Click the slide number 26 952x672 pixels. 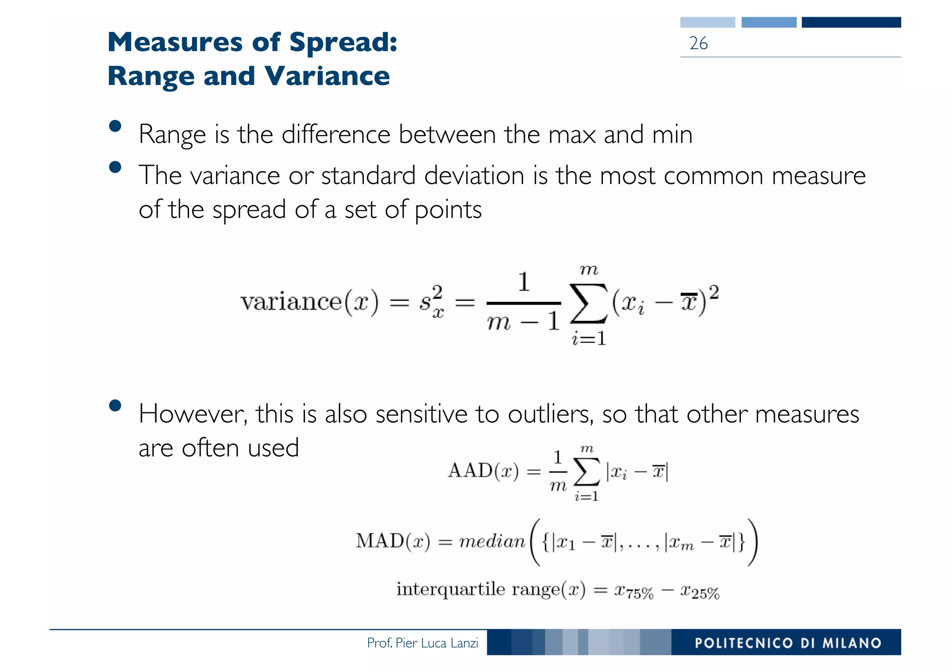(698, 43)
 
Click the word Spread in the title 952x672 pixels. (343, 42)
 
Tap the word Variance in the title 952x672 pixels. (327, 76)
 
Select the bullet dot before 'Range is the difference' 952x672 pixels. (115, 126)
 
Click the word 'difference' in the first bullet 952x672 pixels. (336, 135)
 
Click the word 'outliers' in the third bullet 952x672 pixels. (550, 414)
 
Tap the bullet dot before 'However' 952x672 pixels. (115, 406)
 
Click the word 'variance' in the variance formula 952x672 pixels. (291, 302)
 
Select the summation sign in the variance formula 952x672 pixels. (588, 303)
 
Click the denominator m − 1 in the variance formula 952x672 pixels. (523, 321)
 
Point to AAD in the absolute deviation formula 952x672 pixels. (470, 470)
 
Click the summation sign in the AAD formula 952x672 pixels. (587, 472)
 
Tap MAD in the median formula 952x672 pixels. (380, 541)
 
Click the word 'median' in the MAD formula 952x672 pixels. (492, 542)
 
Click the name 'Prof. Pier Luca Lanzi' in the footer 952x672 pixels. (422, 643)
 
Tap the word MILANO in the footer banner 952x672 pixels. (852, 643)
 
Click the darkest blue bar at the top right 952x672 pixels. (851, 22)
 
